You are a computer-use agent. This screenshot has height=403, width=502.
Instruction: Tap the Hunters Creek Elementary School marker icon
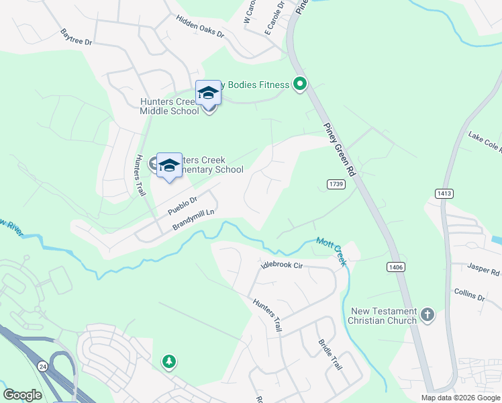pos(169,165)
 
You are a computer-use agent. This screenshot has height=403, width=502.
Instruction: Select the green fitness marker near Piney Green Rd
pos(301,85)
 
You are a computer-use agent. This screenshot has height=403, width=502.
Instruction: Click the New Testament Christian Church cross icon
pos(427,314)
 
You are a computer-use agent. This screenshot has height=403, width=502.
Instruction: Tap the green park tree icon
pos(169,362)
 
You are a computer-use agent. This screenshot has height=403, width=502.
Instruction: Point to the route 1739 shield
pos(336,184)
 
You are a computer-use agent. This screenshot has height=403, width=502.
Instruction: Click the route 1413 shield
pos(444,193)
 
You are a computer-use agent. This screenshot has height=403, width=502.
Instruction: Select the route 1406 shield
pos(395,267)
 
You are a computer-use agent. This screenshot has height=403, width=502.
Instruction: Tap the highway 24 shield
pos(43,366)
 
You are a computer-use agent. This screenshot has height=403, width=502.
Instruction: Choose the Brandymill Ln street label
pos(193,219)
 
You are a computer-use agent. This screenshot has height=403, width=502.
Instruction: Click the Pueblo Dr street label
pos(182,205)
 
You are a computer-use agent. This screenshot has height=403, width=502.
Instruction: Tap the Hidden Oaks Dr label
pos(200,27)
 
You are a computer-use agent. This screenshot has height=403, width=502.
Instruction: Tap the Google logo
pos(22,395)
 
